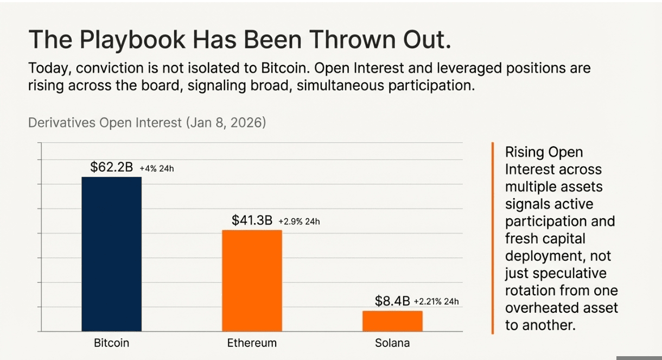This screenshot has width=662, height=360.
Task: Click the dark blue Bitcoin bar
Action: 111,254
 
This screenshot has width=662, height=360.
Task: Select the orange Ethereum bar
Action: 252,281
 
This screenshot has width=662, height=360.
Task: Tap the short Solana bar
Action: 392,321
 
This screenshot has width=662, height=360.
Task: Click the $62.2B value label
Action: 111,167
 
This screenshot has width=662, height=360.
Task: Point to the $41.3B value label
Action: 252,220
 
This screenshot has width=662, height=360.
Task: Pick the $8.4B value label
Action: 392,301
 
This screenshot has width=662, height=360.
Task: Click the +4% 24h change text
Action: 157,169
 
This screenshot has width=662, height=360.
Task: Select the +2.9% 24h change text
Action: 299,222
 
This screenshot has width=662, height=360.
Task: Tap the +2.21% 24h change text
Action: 436,302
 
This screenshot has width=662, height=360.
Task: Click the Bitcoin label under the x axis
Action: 111,343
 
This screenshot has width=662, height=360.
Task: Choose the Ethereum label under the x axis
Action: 252,343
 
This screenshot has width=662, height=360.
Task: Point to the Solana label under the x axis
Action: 392,343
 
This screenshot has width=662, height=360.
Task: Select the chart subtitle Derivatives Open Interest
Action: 105,123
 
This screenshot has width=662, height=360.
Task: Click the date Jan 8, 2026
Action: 226,123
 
